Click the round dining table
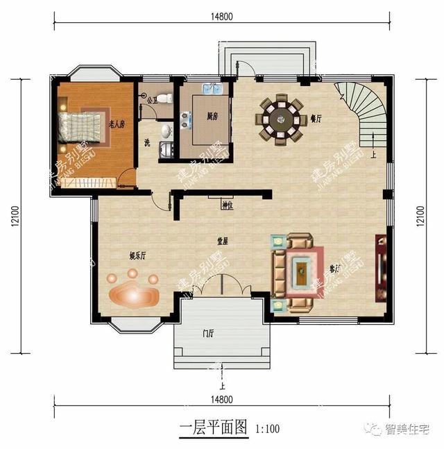282,119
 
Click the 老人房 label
117,125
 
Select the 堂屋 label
223,241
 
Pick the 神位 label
227,205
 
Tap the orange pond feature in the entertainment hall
136,292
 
